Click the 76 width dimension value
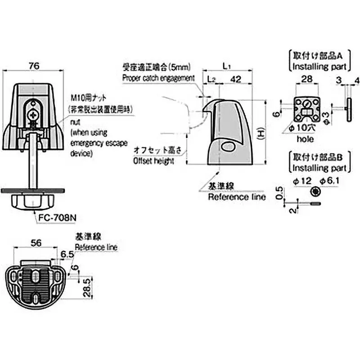[34, 66]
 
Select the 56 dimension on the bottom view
[36, 243]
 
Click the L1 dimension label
[227, 67]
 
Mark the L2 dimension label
[211, 79]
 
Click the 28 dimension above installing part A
[306, 80]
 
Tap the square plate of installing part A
[306, 108]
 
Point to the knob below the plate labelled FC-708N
[34, 202]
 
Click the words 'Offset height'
[153, 161]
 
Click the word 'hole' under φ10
[305, 139]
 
